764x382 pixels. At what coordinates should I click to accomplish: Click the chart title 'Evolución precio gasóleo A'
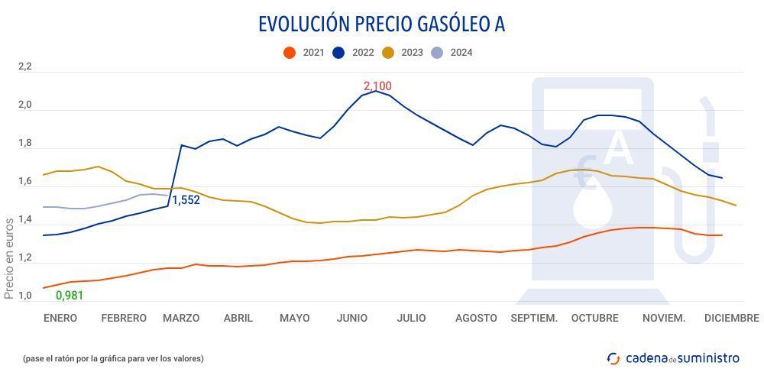(381, 24)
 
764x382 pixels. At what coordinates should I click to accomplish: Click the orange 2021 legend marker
(289, 53)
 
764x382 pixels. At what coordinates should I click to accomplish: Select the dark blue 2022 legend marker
(338, 53)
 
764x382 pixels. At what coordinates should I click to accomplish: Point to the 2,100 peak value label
(377, 86)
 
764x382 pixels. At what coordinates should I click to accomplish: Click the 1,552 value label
(185, 200)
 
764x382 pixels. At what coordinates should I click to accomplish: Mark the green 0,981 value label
(70, 296)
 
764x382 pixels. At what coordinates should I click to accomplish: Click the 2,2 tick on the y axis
(25, 67)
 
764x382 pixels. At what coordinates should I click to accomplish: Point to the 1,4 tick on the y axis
(25, 220)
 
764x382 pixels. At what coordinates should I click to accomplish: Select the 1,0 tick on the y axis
(25, 296)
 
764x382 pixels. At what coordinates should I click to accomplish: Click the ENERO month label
(60, 318)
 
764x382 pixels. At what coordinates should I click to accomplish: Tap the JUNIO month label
(352, 318)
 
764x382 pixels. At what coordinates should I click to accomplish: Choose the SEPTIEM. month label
(534, 318)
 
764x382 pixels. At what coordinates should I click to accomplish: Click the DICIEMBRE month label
(731, 318)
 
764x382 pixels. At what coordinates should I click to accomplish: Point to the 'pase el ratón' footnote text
(114, 358)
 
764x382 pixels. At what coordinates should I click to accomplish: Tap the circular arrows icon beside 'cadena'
(613, 358)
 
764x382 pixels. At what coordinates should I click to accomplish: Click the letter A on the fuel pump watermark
(619, 150)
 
